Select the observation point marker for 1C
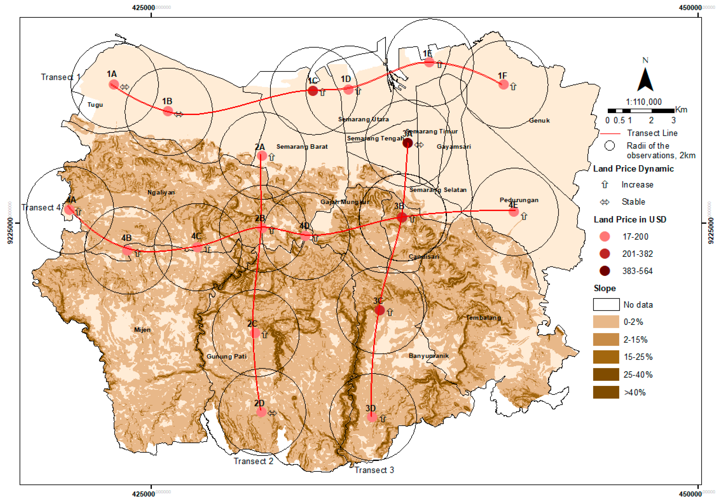point(313,91)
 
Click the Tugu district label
point(95,105)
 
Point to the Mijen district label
point(142,330)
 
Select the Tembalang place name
point(483,318)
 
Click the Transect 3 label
point(374,470)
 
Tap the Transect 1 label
point(60,77)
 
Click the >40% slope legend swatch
point(606,392)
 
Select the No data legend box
point(606,305)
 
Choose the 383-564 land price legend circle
point(605,271)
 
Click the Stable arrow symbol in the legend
point(605,202)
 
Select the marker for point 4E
point(514,212)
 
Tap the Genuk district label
point(539,120)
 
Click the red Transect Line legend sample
point(610,134)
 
